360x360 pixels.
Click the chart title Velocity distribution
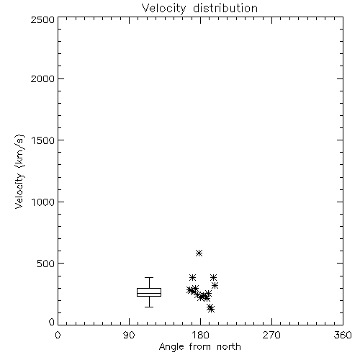pyautogui.click(x=199, y=9)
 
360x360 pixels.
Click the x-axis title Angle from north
pyautogui.click(x=199, y=346)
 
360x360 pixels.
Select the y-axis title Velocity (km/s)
pyautogui.click(x=19, y=171)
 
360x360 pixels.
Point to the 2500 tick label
pyautogui.click(x=42, y=19)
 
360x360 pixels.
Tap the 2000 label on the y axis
pyautogui.click(x=42, y=78)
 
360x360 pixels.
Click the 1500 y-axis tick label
pyautogui.click(x=43, y=140)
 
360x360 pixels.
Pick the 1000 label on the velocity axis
pyautogui.click(x=43, y=202)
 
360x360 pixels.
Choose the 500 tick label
pyautogui.click(x=45, y=264)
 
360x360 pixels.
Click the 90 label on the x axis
pyautogui.click(x=129, y=335)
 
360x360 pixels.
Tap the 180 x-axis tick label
pyautogui.click(x=200, y=335)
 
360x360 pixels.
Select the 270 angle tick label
pyautogui.click(x=271, y=335)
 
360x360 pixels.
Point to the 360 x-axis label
pyautogui.click(x=343, y=335)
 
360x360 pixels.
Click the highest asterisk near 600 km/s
pyautogui.click(x=199, y=253)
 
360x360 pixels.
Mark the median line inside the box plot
pyautogui.click(x=149, y=293)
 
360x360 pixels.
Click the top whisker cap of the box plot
pyautogui.click(x=149, y=278)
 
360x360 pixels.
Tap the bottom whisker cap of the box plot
pyautogui.click(x=149, y=307)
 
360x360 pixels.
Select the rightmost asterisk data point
pyautogui.click(x=215, y=285)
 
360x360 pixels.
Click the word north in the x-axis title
pyautogui.click(x=229, y=346)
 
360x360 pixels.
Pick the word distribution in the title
pyautogui.click(x=225, y=9)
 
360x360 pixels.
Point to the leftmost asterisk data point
pyautogui.click(x=189, y=290)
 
